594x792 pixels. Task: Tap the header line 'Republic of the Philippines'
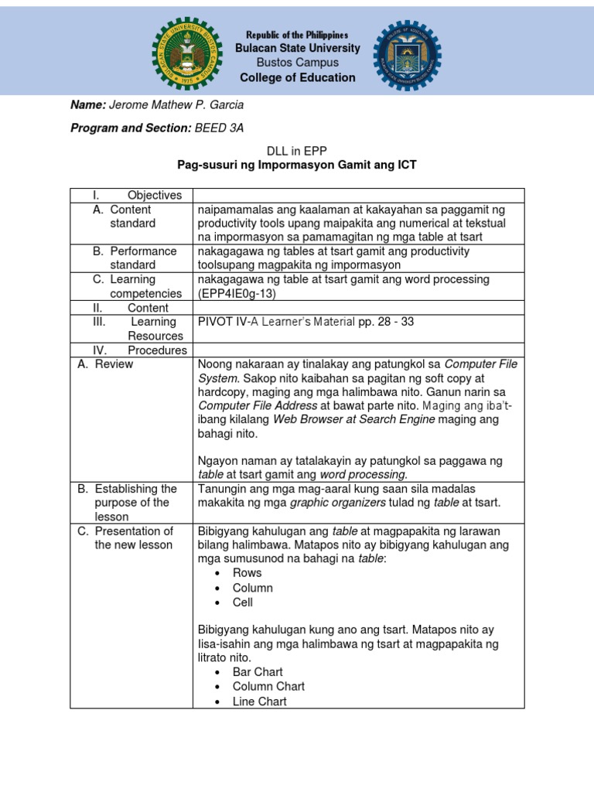pos(297,35)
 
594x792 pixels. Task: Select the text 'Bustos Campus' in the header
pos(297,63)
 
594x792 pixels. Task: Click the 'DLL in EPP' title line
pos(297,152)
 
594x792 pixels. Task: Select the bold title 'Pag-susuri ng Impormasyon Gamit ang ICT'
pos(297,166)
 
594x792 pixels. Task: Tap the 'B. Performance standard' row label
pos(135,258)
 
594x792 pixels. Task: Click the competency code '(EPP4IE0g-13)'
pos(237,294)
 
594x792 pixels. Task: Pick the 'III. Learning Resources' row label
pos(147,329)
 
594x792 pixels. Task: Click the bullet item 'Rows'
pos(247,573)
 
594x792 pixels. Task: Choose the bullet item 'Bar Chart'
pos(258,672)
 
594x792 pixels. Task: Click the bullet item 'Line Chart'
pos(259,702)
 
